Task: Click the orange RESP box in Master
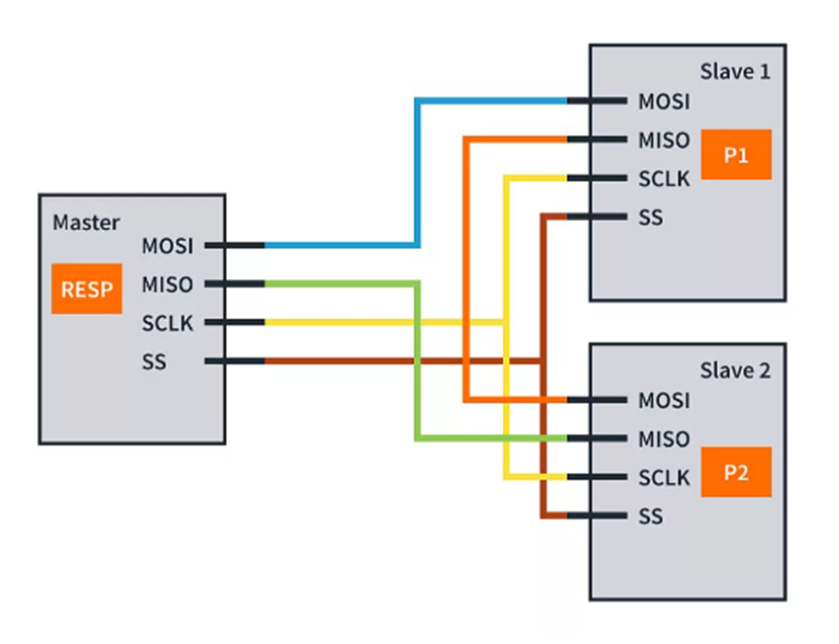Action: [x=87, y=290]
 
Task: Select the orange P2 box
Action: [x=735, y=472]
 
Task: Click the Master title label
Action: [x=86, y=222]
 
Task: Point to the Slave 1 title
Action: [x=735, y=73]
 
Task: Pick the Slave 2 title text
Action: [x=735, y=371]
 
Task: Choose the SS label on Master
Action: [x=155, y=361]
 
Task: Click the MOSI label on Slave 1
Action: [x=664, y=101]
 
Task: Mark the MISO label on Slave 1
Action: [x=664, y=140]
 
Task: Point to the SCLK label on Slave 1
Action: [x=664, y=179]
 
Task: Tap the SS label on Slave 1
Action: [x=651, y=217]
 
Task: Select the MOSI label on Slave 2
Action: [x=664, y=401]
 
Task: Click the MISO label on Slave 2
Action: [x=664, y=439]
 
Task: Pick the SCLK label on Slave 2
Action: [x=664, y=478]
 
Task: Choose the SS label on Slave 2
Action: [x=651, y=517]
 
